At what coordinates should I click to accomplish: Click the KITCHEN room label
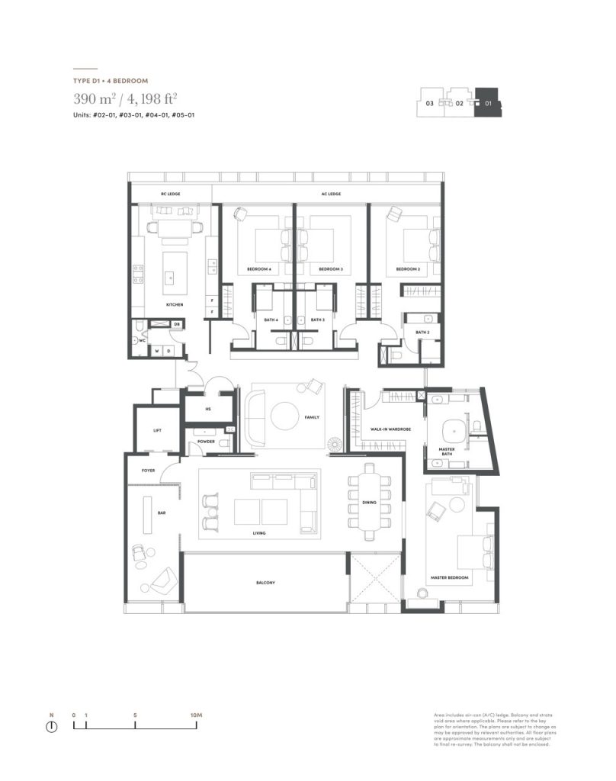tap(175, 305)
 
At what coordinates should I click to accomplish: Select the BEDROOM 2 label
tap(408, 269)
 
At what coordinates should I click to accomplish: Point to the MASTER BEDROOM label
tap(451, 579)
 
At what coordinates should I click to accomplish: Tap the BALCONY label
tap(265, 583)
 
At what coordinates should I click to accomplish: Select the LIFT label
tap(157, 431)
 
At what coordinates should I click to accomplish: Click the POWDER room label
tap(205, 442)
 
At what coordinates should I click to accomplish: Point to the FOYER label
tap(148, 471)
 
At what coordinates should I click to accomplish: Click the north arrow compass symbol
tap(52, 726)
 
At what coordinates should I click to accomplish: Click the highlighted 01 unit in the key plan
tap(488, 103)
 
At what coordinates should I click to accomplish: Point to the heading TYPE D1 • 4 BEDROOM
tap(111, 80)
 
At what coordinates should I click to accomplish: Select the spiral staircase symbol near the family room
tap(335, 445)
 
